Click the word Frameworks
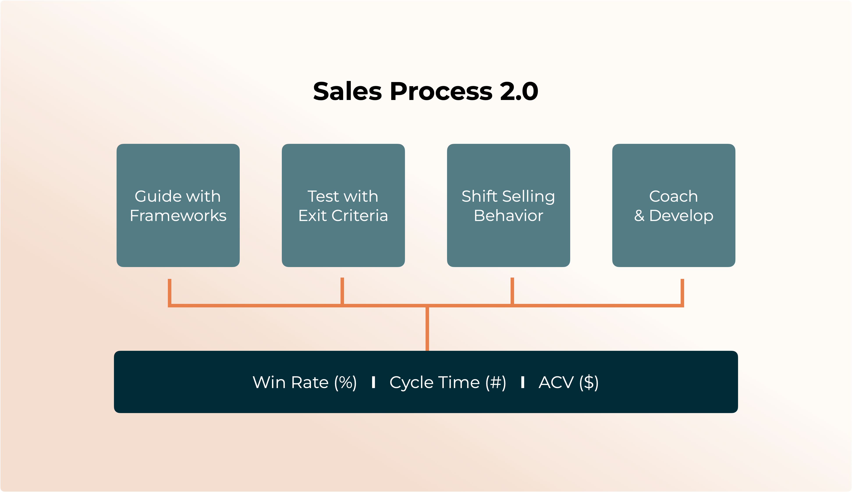pos(178,216)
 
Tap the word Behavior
pos(508,216)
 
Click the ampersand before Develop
pos(639,216)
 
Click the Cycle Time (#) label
pos(447,383)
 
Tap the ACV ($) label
pos(568,383)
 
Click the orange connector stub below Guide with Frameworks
pos(170,292)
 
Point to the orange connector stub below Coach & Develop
pos(682,292)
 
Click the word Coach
pos(673,196)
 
